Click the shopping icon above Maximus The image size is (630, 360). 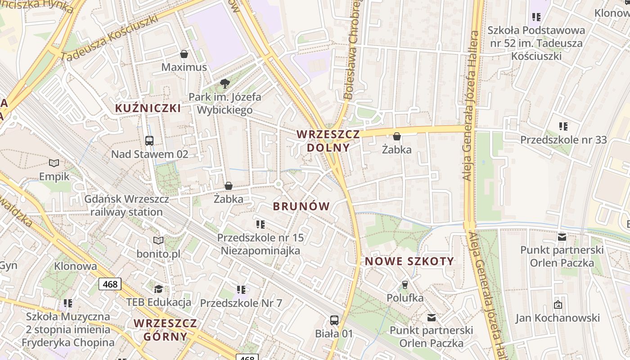pos(184,54)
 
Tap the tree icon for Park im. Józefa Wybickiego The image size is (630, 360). pos(225,83)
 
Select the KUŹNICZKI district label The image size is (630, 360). pos(148,108)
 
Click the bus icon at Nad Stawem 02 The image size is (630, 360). pos(149,141)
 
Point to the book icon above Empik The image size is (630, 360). pos(54,163)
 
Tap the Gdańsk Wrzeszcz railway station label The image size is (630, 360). pos(127,206)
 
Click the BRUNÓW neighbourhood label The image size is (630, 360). pos(301,207)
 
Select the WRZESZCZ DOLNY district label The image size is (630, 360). pos(328,140)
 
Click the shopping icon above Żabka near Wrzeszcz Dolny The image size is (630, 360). pos(397,136)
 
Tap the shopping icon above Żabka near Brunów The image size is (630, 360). pos(229,186)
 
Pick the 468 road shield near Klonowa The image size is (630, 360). pos(110,284)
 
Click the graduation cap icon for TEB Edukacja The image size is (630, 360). pos(158,288)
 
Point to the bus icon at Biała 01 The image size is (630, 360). pos(334,320)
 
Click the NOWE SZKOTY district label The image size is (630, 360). pos(409,261)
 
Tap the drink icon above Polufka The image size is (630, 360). pos(405,284)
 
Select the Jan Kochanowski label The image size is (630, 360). pos(558,318)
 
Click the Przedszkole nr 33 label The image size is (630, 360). pos(563,140)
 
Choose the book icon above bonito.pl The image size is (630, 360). pos(158,240)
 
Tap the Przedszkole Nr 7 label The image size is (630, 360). pos(241,303)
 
